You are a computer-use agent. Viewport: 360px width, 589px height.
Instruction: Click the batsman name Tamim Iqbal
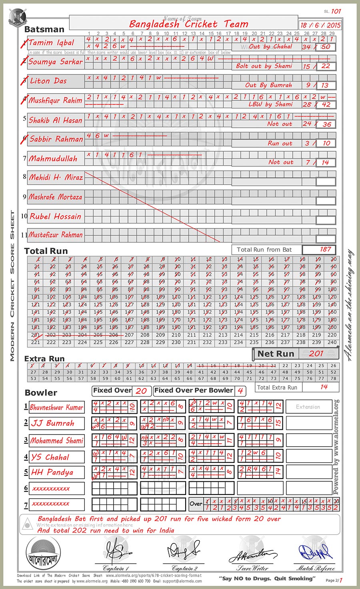pos(52,43)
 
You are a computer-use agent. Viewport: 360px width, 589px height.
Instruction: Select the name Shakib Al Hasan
pos(56,120)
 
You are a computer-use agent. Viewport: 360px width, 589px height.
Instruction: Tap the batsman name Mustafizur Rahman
pos(56,235)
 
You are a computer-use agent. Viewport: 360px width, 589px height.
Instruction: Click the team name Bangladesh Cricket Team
pos(189,24)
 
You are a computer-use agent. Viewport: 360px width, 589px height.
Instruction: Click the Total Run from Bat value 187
pos(325,249)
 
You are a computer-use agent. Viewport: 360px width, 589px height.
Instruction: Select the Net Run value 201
pos(316,353)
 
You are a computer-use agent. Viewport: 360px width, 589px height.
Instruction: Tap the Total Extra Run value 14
pos(324,387)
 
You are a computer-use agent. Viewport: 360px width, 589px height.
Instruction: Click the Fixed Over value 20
pos(141,391)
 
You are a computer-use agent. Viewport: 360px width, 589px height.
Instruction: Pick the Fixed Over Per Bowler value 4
pos(240,391)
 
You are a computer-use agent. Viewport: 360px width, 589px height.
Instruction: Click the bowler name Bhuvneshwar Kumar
pos(56,407)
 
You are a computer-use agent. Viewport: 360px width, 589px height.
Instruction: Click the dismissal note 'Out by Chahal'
pos(270,46)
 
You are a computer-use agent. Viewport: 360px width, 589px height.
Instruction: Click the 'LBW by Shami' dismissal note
pos(270,104)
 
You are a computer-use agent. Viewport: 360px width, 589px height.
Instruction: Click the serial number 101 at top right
pos(336,11)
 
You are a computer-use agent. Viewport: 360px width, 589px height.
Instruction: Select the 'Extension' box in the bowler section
pos(308,407)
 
